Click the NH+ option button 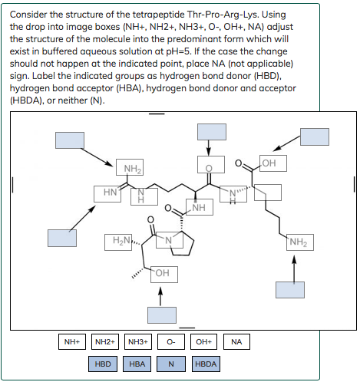point(73,341)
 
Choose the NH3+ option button point(138,341)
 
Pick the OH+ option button point(203,341)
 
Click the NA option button point(236,341)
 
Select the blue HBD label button point(103,363)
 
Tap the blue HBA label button point(138,363)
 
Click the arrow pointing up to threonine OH point(160,296)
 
